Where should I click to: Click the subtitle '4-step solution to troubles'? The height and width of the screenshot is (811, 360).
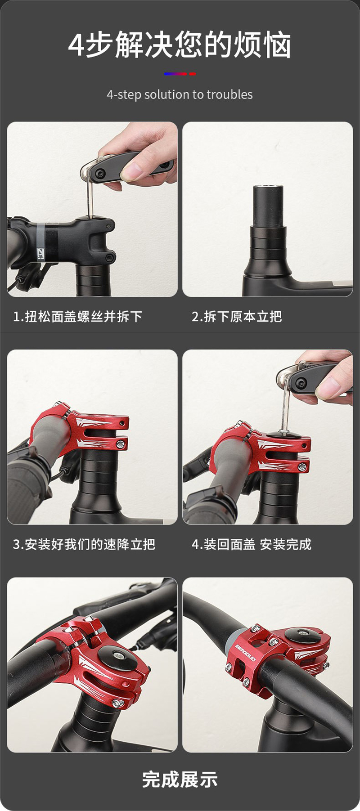pos(180,94)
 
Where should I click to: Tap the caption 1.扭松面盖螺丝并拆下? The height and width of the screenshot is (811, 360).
pos(77,317)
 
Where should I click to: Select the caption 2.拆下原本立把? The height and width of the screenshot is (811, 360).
pos(237,317)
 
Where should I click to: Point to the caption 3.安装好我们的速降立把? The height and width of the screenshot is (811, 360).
pos(84,544)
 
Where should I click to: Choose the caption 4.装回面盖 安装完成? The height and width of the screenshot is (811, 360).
pos(252,544)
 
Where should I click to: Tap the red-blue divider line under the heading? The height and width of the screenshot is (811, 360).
pos(180,73)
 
